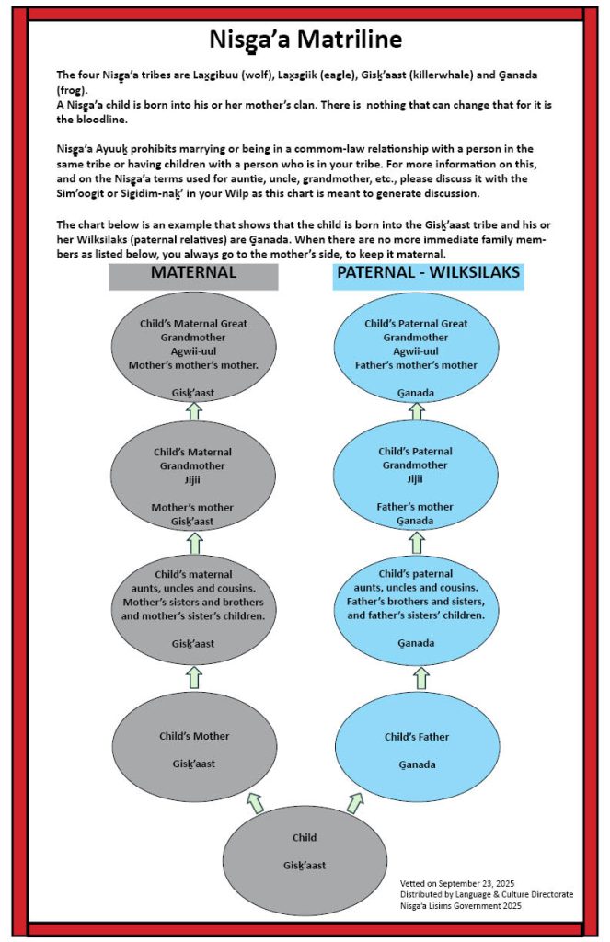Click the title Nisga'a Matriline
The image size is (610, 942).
(x=305, y=40)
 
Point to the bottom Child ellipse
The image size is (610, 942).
(x=304, y=851)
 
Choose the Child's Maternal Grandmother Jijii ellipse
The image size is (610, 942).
(x=193, y=486)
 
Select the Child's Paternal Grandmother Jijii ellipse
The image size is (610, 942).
(x=416, y=486)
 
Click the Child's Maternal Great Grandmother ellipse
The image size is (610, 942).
(x=193, y=354)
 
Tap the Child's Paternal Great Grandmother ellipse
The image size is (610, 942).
(x=416, y=354)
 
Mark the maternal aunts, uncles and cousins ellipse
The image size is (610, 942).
(x=193, y=607)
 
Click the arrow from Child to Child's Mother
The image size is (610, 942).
(x=255, y=801)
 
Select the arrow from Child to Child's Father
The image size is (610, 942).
(x=354, y=801)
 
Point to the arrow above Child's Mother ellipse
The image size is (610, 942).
(x=193, y=678)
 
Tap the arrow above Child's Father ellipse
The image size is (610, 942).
(x=420, y=678)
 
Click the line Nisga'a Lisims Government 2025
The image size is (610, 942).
(x=460, y=906)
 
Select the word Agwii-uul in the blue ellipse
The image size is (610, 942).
(x=416, y=351)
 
